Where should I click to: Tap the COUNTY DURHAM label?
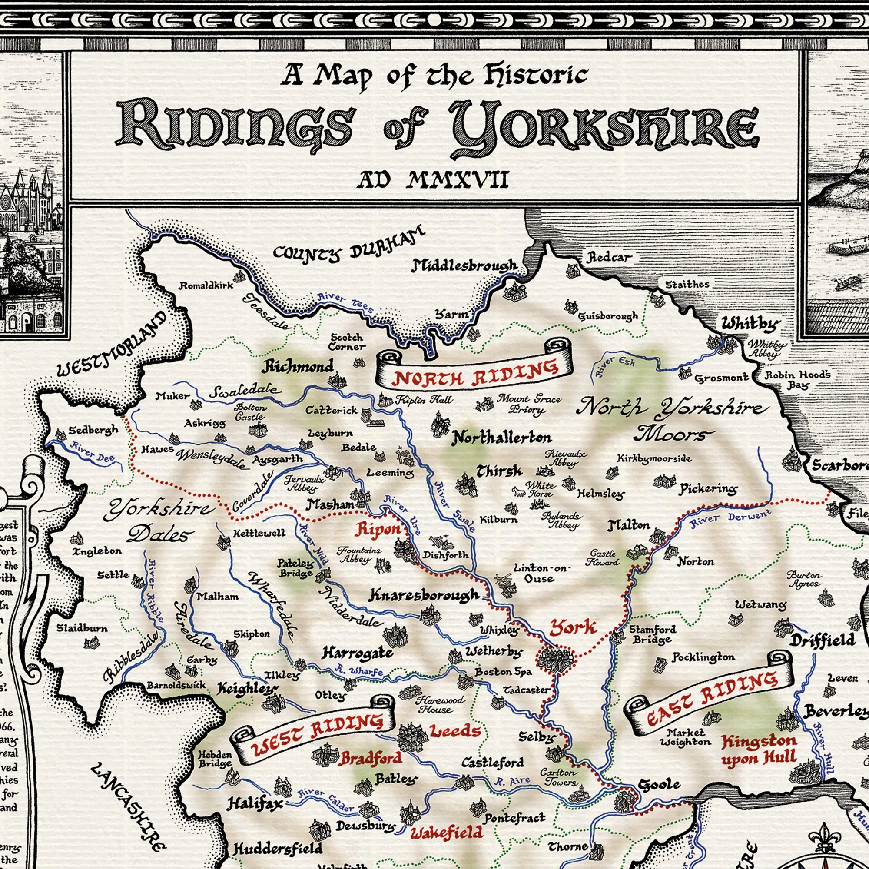click(348, 248)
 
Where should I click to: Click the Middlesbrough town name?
click(464, 266)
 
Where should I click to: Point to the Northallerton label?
click(501, 438)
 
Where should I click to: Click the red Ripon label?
click(378, 530)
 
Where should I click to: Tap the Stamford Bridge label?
click(652, 634)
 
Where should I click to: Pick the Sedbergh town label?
click(93, 430)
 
